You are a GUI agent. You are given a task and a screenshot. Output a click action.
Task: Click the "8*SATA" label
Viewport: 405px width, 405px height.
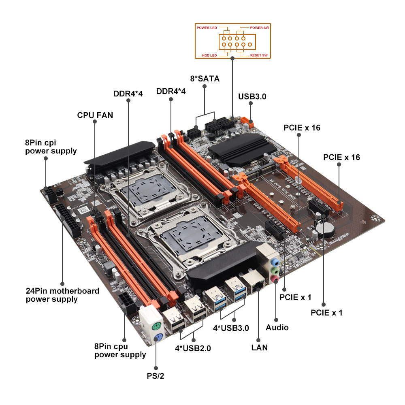click(x=205, y=79)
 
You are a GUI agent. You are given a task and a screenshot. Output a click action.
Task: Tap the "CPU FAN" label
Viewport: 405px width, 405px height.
click(x=95, y=115)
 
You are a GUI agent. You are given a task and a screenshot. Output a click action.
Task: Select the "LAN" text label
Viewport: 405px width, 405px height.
click(x=259, y=347)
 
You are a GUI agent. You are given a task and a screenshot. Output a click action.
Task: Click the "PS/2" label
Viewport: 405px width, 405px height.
click(x=156, y=375)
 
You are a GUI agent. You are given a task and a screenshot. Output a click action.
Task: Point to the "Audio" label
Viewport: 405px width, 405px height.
click(x=277, y=327)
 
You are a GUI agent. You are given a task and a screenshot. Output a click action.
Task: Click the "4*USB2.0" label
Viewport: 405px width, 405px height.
click(x=193, y=347)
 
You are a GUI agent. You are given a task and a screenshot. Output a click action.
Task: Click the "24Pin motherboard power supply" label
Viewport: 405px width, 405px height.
click(x=62, y=295)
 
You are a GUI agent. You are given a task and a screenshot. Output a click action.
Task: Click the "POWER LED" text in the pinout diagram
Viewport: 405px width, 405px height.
click(x=207, y=28)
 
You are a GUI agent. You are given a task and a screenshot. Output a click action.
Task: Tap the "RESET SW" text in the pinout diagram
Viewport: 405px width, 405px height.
click(x=258, y=55)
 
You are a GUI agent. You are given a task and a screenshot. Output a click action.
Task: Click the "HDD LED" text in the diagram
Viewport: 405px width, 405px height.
click(x=209, y=55)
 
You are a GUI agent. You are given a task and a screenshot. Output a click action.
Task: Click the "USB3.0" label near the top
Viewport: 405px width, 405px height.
click(x=252, y=96)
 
